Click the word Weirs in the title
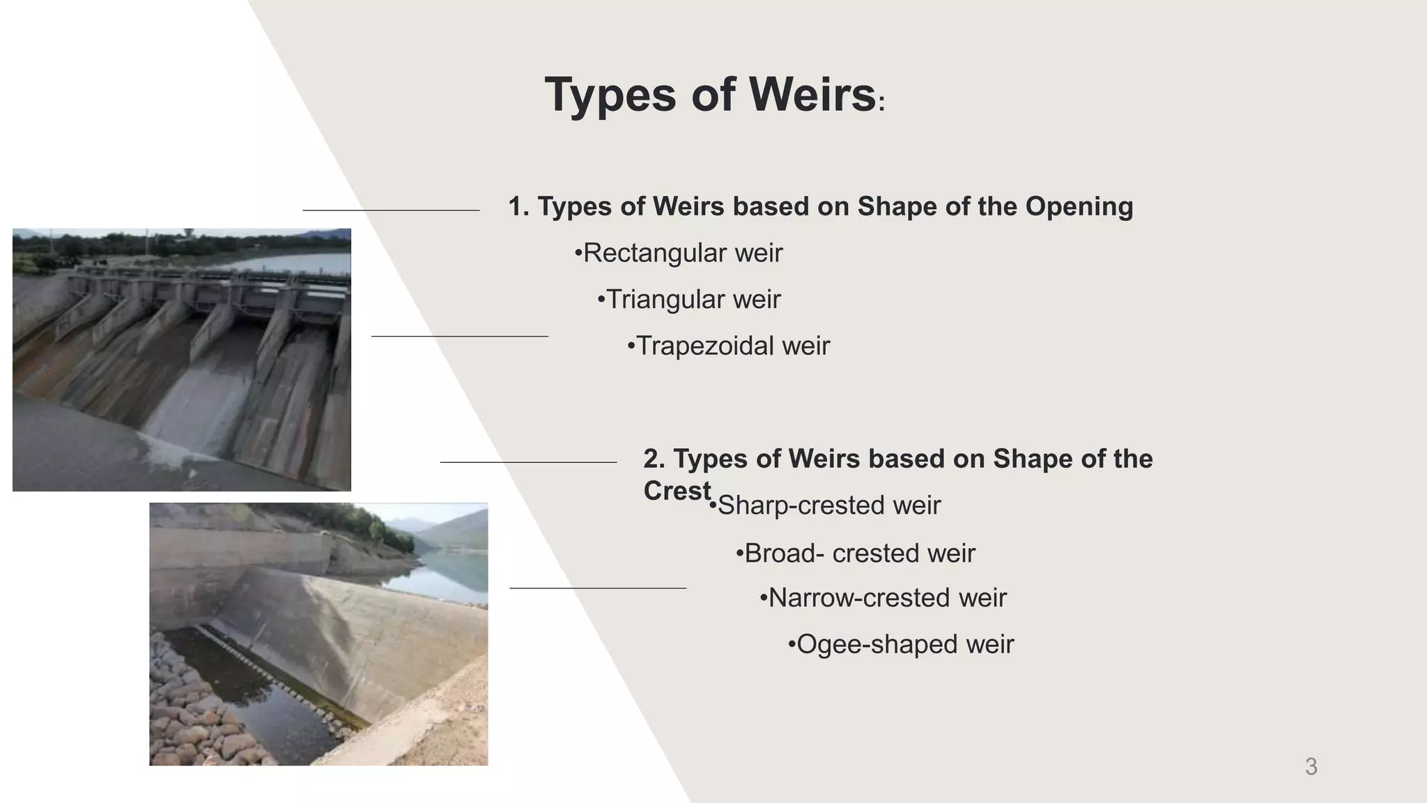[812, 95]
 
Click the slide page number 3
[1311, 767]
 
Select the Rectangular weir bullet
[679, 253]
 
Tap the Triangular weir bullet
[690, 300]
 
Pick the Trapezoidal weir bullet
[729, 346]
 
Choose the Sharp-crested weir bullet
[826, 505]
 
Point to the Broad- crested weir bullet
[856, 553]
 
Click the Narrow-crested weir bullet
[884, 598]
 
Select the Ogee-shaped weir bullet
[902, 645]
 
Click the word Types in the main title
[610, 95]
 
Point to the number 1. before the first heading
[518, 207]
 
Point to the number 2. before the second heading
[654, 459]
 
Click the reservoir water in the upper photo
[300, 262]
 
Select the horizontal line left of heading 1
[391, 210]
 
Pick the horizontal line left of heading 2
[528, 462]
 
